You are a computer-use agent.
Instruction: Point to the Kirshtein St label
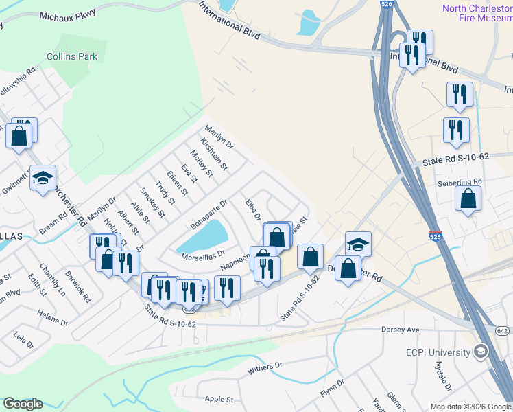coord(214,153)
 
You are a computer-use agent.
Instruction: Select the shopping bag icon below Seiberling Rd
coord(468,199)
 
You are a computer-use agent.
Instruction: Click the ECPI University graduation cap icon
coord(481,352)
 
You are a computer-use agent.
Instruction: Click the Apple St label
coord(219,399)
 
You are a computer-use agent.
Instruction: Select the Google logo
coord(23,404)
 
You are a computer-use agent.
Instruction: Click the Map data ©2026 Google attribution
coord(470,407)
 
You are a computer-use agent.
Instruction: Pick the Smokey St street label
coord(152,202)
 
